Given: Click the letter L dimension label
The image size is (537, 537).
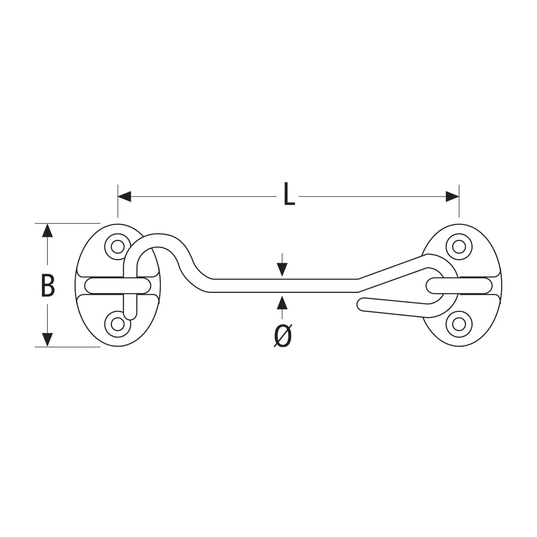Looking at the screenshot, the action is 289,195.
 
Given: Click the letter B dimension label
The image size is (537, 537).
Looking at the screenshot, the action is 48,285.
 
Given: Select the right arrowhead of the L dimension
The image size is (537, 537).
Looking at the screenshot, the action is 452,197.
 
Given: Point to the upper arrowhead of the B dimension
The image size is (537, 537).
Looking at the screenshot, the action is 47,230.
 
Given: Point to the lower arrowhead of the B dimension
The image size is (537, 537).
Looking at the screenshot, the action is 47,340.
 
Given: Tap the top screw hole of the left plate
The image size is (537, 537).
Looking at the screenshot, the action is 116,246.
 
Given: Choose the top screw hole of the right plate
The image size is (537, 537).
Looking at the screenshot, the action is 458,246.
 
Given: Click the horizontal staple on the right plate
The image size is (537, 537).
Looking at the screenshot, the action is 459,285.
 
